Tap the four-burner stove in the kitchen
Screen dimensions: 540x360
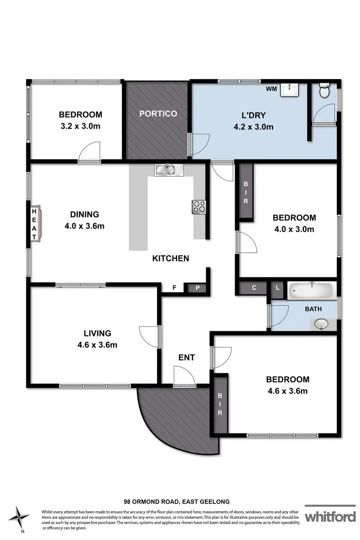(x=199, y=207)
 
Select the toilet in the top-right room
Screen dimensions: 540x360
(x=324, y=91)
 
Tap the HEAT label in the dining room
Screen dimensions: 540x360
(x=35, y=224)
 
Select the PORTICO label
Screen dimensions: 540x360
(x=158, y=114)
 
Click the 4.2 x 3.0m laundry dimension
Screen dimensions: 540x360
(x=250, y=127)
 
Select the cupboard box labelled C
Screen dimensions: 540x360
(x=254, y=288)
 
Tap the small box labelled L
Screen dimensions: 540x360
(x=277, y=288)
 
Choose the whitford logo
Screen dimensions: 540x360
(x=330, y=516)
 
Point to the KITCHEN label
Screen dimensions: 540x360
(x=170, y=258)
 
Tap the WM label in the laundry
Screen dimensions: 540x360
(x=271, y=89)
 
